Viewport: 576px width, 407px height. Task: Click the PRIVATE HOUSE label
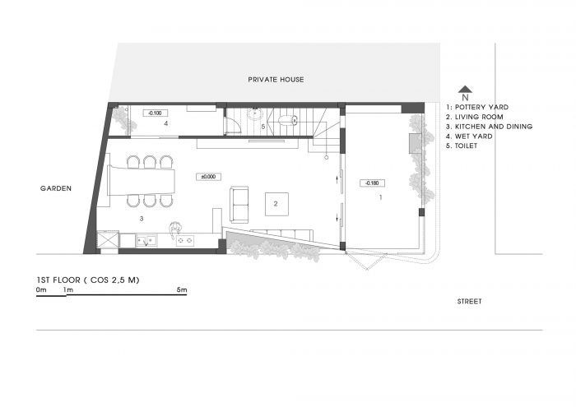coord(276,79)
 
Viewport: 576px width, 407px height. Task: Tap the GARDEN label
coord(56,188)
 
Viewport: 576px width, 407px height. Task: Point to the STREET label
coord(469,301)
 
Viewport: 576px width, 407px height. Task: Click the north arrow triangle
coord(465,89)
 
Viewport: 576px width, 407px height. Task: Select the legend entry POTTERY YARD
coord(477,107)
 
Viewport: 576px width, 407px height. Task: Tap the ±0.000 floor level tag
coord(208,177)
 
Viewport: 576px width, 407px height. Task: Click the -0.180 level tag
coord(373,183)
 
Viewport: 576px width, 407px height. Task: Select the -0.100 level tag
coord(155,113)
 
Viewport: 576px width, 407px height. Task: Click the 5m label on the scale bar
coord(182,289)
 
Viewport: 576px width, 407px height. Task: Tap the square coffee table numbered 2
coord(276,204)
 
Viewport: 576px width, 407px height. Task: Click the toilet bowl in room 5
coord(288,120)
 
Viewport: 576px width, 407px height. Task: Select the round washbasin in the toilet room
coord(254,113)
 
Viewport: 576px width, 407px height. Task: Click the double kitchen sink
coord(147,241)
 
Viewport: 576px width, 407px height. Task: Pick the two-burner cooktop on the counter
coord(185,241)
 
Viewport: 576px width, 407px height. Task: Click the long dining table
coord(141,181)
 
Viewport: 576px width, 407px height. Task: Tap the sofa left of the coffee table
coord(239,205)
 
